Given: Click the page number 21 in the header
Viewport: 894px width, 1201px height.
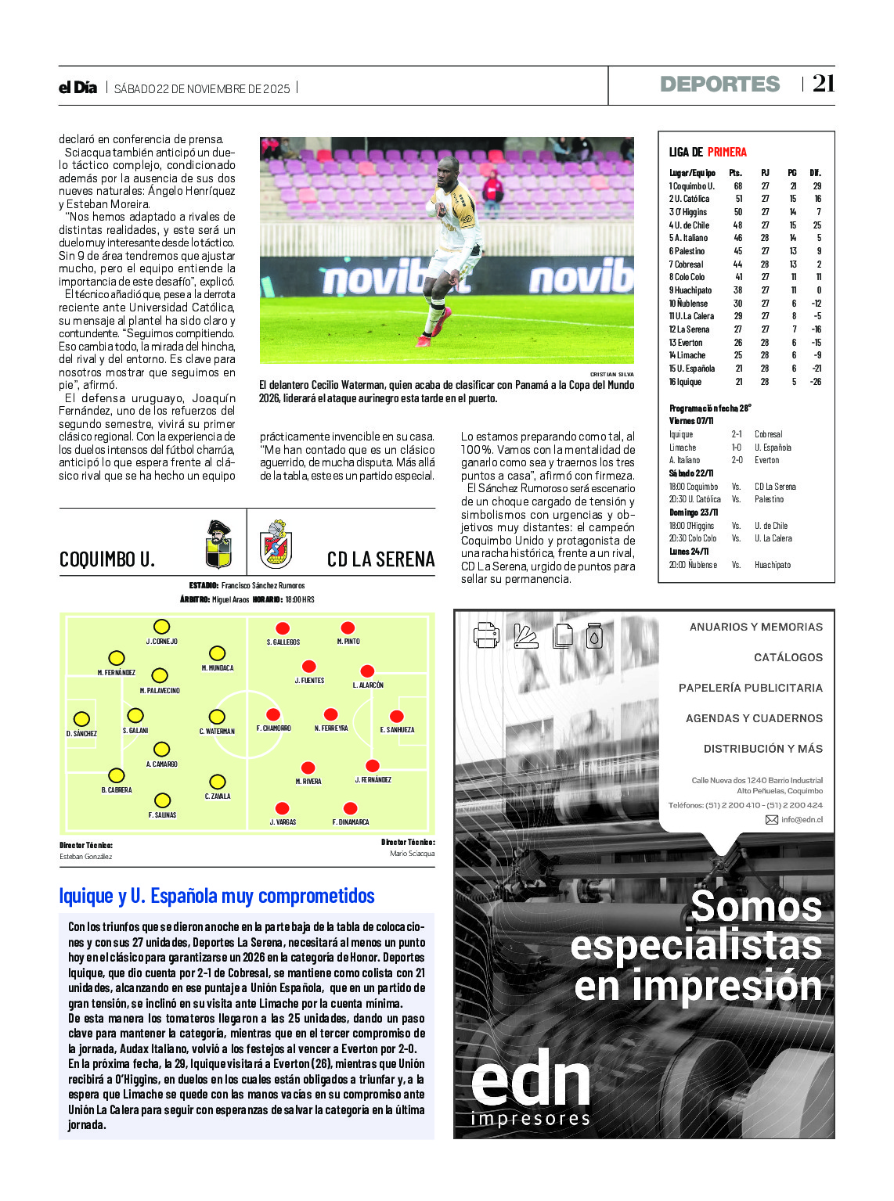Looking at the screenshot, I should pos(824,83).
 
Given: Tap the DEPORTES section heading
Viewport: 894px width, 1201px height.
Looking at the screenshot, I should pos(719,85).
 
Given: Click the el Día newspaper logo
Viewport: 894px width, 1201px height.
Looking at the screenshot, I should pos(78,88).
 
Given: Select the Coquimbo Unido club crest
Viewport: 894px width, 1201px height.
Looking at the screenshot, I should pos(218,545).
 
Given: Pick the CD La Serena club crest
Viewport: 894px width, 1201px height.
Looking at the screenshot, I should pos(276,545).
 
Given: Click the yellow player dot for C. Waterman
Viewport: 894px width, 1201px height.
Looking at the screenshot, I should pos(217,717).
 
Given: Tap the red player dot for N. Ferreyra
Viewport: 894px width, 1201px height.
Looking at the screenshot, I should pos(331,714).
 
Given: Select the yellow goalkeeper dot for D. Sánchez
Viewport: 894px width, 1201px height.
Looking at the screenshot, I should pos(81,719).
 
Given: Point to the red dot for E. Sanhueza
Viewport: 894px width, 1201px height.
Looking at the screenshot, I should pos(397,716).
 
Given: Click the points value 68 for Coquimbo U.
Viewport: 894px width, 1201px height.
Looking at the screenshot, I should pos(737,186).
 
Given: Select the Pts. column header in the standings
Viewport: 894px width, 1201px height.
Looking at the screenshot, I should pos(735,173).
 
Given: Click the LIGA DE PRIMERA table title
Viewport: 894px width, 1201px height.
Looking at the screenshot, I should pos(708,152).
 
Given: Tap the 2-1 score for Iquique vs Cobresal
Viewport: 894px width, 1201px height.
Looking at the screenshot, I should pos(737,434).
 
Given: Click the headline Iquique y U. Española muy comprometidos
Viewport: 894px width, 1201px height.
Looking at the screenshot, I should pos(217,896).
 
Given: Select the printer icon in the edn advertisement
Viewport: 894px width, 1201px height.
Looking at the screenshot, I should pos(486,635).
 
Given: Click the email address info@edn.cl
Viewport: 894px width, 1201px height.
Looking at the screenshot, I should pos(801,820).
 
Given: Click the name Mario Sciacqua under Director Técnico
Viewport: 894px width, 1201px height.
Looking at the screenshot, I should pos(412,854).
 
